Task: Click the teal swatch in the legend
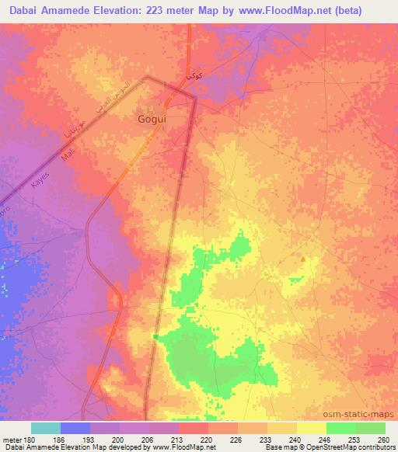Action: point(46,428)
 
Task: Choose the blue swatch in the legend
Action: point(75,428)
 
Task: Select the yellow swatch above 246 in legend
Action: point(312,428)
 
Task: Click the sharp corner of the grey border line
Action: point(146,77)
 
